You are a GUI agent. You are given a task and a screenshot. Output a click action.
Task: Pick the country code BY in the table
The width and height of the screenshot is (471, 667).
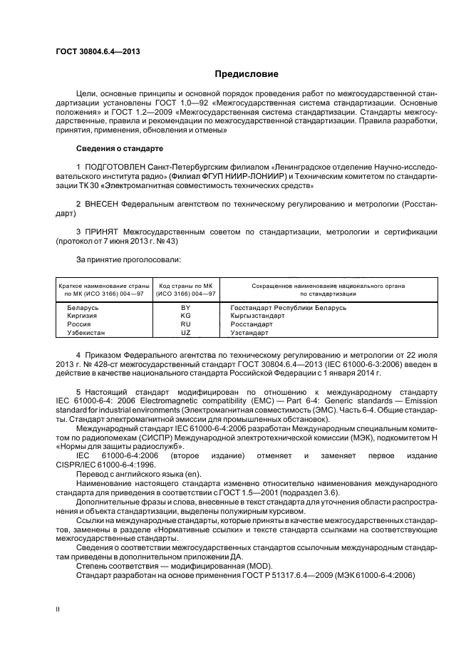[x=186, y=307]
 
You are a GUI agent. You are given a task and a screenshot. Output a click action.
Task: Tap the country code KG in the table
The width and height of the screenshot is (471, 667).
[x=186, y=315]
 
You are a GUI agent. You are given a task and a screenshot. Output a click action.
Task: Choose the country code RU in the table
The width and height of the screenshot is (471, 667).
[x=186, y=324]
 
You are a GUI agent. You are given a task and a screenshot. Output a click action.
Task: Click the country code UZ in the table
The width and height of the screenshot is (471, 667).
[x=186, y=332]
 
